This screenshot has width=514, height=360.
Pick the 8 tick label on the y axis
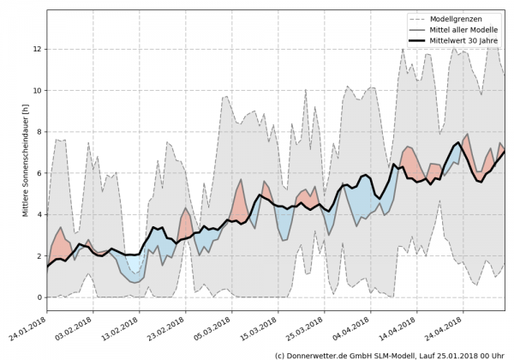(38, 132)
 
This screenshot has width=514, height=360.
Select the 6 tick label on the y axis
(38, 173)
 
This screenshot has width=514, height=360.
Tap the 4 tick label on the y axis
(38, 214)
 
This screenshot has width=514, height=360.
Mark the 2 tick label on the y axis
(38, 256)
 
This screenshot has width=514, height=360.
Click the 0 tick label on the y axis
(38, 297)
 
